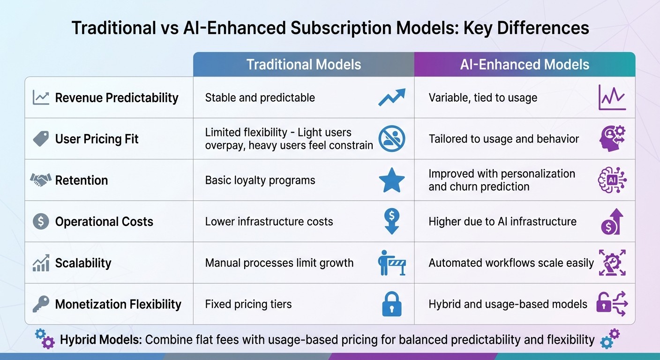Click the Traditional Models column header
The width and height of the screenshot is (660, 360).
[x=304, y=64]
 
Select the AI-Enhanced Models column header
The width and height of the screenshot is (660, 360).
[x=525, y=64]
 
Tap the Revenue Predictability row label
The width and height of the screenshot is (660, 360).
[x=117, y=97]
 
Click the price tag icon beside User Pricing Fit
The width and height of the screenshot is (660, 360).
[x=41, y=139]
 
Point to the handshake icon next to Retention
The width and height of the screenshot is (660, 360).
[x=41, y=180]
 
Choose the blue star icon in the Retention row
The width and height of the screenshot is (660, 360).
[x=391, y=180]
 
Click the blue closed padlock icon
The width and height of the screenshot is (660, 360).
[x=391, y=304]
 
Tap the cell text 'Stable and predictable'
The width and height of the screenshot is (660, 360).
[x=260, y=97]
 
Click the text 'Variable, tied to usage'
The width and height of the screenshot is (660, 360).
[x=483, y=97]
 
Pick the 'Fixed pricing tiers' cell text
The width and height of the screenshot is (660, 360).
[x=248, y=304]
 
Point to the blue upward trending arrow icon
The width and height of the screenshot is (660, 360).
[x=391, y=97]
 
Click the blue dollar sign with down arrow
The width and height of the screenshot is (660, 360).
[x=391, y=221]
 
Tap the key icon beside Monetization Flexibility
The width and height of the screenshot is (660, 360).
[x=41, y=304]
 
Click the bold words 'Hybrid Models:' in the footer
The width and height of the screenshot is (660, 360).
[x=101, y=339]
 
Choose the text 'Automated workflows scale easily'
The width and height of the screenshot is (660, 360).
[x=511, y=263]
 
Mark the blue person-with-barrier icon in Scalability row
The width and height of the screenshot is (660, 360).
[x=391, y=263]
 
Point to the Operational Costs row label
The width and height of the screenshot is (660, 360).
[x=104, y=222]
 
